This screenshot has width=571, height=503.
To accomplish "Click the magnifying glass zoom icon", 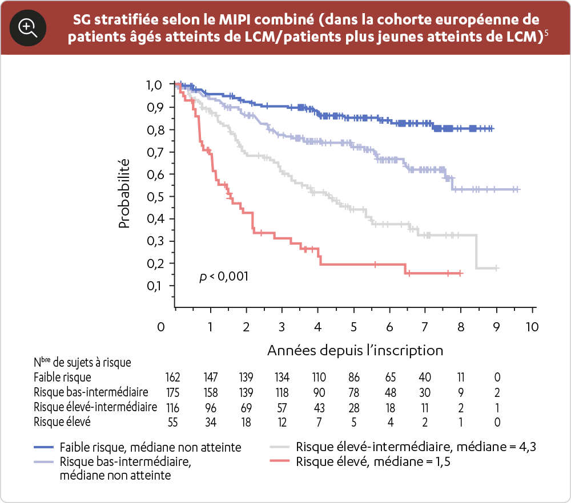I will pyautogui.click(x=27, y=27).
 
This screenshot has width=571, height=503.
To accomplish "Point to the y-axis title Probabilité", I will pyautogui.click(x=124, y=194).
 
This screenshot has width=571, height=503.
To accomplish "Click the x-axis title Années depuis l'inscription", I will pyautogui.click(x=355, y=349).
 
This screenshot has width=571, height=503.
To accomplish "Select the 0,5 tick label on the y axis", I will pyautogui.click(x=154, y=197).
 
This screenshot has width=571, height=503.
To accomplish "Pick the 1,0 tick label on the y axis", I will pyautogui.click(x=154, y=86).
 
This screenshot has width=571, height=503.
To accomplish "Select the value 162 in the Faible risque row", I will pyautogui.click(x=172, y=378).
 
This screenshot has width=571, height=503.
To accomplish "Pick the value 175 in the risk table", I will pyautogui.click(x=172, y=392).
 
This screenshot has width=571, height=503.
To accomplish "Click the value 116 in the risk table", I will pyautogui.click(x=172, y=407).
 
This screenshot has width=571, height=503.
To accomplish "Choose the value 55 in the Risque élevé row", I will pyautogui.click(x=172, y=422).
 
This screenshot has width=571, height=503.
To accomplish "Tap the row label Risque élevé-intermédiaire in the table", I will pyautogui.click(x=95, y=407).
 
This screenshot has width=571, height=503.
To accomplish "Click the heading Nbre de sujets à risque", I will pyautogui.click(x=82, y=362).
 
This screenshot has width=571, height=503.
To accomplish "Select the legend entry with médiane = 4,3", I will pyautogui.click(x=416, y=447).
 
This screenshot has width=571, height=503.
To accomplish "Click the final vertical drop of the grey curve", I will pyautogui.click(x=477, y=251).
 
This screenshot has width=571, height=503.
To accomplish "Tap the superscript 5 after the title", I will pyautogui.click(x=547, y=33).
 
